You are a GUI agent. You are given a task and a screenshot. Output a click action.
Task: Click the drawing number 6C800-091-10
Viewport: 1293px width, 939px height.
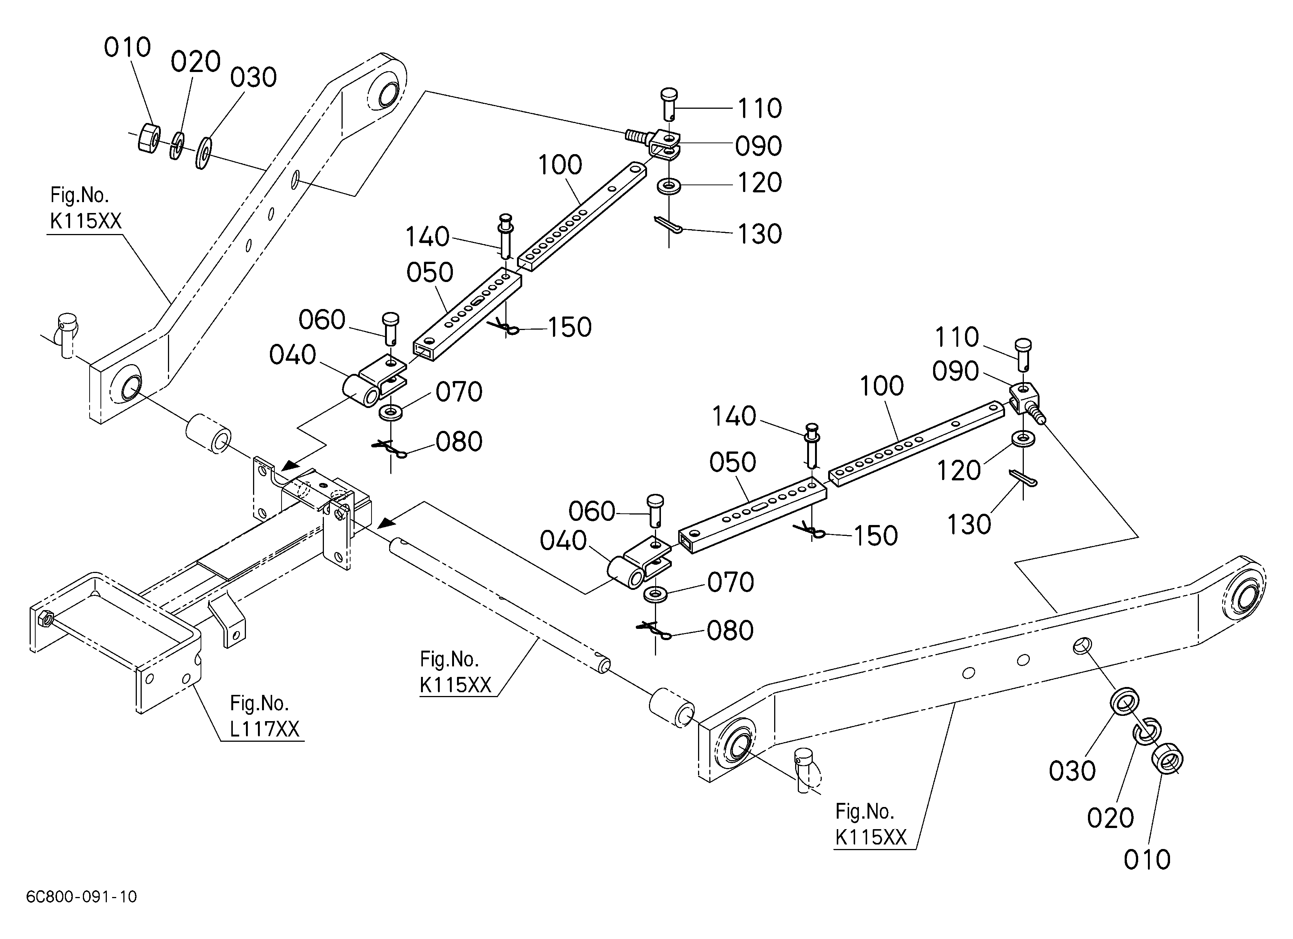coord(81,897)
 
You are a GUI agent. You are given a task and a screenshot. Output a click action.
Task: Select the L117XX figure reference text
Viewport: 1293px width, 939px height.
coord(265,729)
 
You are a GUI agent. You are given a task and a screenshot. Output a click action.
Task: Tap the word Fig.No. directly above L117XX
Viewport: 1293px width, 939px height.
coord(259,703)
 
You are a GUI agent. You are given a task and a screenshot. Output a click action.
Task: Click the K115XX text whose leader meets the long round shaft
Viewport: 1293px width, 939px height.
coord(455,685)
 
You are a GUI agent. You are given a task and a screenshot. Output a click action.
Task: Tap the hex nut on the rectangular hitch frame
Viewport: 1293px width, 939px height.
coord(45,618)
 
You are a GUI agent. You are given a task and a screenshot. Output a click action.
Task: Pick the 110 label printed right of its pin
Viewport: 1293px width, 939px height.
coord(760,108)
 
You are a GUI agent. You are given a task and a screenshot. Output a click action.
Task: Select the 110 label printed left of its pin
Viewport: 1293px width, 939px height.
coord(957,337)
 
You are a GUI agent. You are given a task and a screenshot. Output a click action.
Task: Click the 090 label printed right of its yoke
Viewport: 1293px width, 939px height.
coord(758,147)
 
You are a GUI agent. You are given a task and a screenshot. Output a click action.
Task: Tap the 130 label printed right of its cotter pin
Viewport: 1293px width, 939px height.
coord(760,234)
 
